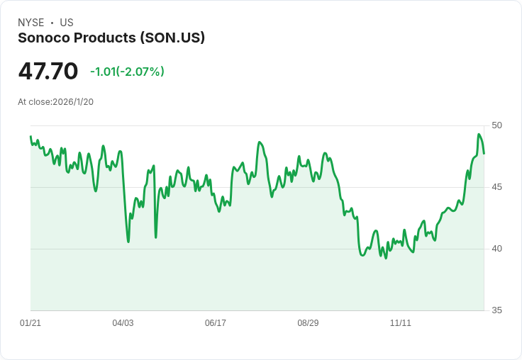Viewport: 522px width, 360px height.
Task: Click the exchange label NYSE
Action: [30, 23]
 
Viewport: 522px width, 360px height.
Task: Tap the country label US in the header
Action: [66, 23]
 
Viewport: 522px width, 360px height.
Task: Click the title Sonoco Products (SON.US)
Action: [111, 38]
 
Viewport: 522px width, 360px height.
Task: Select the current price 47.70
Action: [48, 72]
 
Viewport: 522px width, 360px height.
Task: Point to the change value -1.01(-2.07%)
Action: [127, 72]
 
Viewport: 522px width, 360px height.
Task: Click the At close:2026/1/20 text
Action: [55, 102]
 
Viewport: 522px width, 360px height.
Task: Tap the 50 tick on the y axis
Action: [496, 125]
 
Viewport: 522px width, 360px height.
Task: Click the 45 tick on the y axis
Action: [496, 187]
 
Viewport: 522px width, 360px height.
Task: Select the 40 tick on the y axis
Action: [496, 249]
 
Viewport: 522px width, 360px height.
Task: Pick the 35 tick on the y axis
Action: [496, 310]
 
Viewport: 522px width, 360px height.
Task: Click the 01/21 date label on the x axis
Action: [30, 323]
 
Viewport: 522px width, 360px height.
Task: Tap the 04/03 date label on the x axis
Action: [123, 323]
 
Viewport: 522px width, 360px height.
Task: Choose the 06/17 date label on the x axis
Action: [216, 323]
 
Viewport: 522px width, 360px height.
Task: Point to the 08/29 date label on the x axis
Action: [308, 323]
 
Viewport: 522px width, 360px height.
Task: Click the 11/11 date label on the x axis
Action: [401, 323]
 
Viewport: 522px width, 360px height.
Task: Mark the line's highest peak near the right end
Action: [479, 135]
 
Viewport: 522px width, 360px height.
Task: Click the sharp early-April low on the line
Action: [128, 242]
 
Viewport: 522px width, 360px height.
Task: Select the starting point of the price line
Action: [30, 137]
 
